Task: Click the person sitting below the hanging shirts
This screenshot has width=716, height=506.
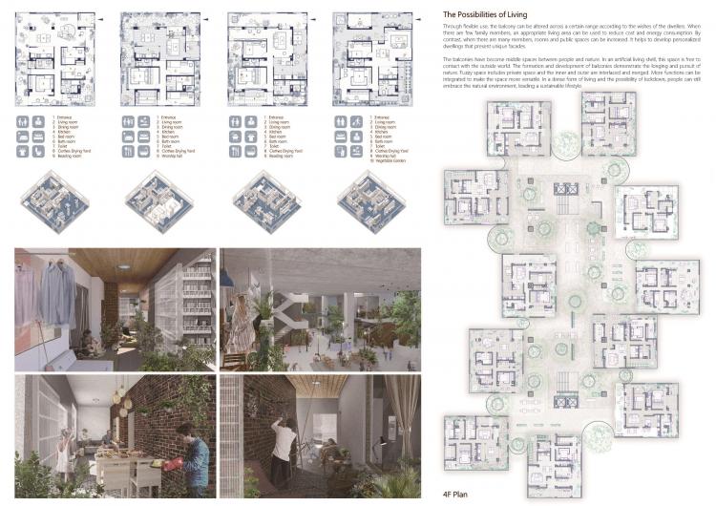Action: (x=88, y=341)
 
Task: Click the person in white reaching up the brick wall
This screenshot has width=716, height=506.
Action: (x=283, y=444)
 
